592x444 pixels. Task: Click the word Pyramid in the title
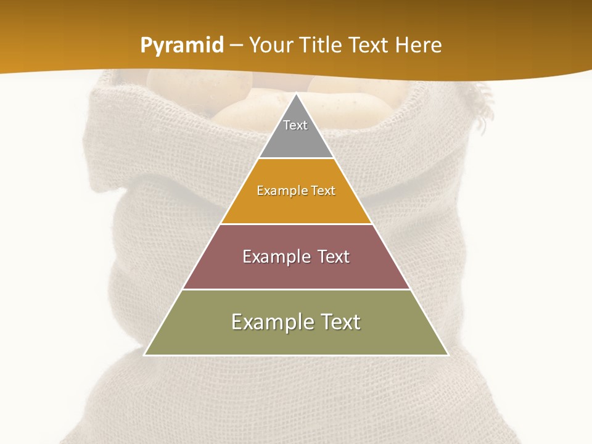coord(181,46)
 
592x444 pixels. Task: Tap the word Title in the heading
coord(320,46)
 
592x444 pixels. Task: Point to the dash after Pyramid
coord(236,46)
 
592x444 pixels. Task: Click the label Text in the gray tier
coord(295,125)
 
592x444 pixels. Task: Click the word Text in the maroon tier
coord(329,257)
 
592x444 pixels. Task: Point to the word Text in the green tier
coord(337,322)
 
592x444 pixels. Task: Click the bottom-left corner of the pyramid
coord(144,355)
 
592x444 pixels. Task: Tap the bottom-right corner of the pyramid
coord(448,355)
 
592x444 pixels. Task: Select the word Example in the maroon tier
coord(271,257)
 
